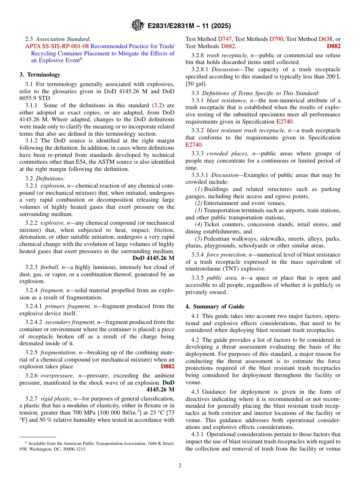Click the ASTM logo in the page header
[x=137, y=25]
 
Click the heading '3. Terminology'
[x=40, y=75]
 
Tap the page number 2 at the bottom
[x=180, y=466]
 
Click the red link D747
[x=225, y=39]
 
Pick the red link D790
[x=277, y=39]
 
